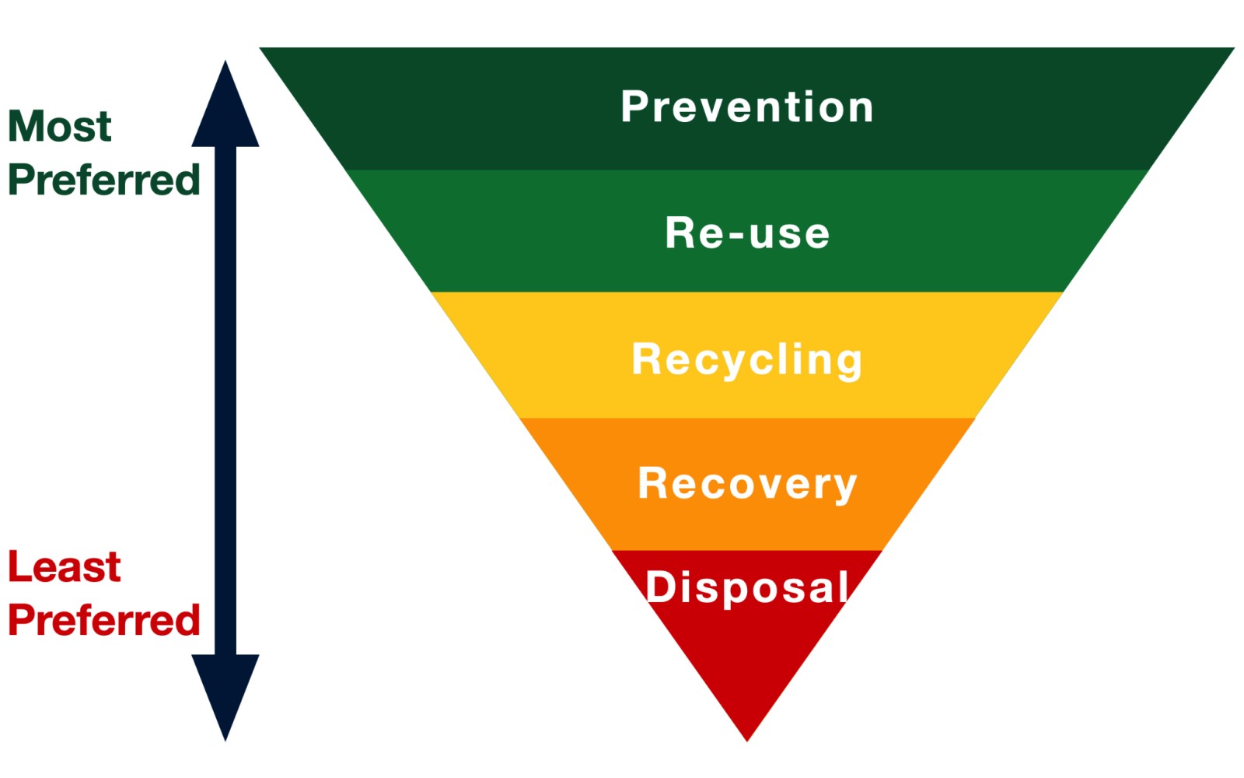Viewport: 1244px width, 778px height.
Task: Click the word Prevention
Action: (747, 107)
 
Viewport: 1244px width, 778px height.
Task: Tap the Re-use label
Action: (747, 233)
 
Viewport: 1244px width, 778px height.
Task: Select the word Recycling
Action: (747, 360)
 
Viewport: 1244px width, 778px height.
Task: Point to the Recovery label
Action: (747, 484)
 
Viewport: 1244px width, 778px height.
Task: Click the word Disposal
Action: (747, 587)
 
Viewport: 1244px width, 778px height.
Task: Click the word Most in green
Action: (60, 126)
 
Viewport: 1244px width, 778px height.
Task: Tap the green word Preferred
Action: (104, 179)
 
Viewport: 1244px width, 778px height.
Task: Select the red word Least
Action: (65, 566)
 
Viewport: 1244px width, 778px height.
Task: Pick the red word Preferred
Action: (104, 620)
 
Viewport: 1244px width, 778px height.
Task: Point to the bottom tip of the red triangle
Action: (747, 741)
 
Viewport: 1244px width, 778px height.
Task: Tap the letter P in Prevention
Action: (634, 107)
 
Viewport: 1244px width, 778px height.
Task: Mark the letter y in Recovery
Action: (844, 489)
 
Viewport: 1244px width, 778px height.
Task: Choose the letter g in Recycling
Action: (848, 364)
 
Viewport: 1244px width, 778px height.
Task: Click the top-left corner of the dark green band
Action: (259, 47)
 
